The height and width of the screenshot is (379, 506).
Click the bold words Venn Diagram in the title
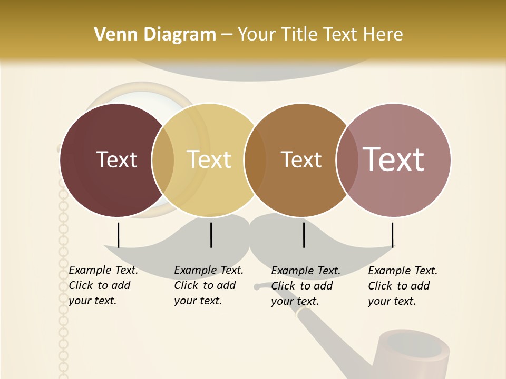tap(155, 35)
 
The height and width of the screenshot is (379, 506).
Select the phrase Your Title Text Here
tap(320, 35)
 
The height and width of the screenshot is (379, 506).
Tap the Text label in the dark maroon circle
tap(116, 159)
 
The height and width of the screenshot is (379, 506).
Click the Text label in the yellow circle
tap(209, 159)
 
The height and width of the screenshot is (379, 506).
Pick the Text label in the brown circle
tap(301, 159)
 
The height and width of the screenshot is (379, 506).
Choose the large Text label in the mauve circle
tap(394, 159)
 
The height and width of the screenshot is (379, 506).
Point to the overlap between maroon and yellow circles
tap(163, 160)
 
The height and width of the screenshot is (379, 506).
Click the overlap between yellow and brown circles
tap(255, 160)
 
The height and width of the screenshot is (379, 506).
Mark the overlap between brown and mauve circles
tap(347, 160)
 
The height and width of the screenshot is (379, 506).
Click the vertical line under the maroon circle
tap(118, 235)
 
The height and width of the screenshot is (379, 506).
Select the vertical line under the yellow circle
tap(211, 235)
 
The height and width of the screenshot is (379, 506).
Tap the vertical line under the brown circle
tap(304, 235)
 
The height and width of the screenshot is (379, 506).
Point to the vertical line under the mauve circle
tap(393, 235)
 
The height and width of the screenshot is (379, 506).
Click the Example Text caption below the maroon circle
tap(103, 285)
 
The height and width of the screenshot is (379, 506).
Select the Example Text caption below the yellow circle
tap(208, 285)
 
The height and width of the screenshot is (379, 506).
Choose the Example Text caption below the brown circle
tap(305, 286)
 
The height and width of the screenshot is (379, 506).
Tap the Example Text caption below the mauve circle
tap(402, 286)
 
